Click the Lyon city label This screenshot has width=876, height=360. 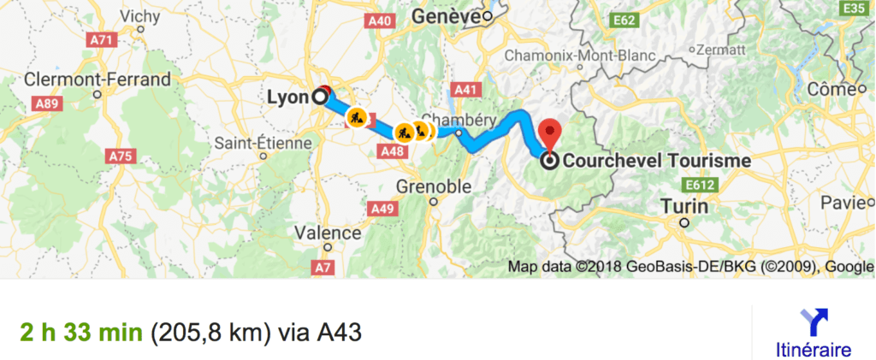click(287, 97)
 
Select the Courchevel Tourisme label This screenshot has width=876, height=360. click(656, 160)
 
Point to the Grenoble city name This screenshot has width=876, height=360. click(435, 186)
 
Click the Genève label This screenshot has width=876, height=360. click(445, 16)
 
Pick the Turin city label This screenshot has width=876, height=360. click(684, 207)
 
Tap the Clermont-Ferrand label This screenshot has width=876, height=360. click(98, 80)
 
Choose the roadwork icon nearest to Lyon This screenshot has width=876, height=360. click(358, 116)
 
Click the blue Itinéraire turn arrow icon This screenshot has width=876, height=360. click(813, 323)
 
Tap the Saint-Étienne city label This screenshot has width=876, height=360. click(263, 143)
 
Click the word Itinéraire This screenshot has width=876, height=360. click(813, 350)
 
